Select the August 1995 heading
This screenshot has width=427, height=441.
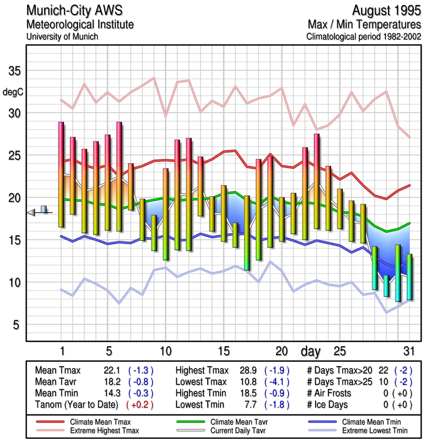385,11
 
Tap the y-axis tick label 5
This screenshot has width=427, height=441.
17,325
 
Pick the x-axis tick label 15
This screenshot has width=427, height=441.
223,351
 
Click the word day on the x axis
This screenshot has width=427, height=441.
311,351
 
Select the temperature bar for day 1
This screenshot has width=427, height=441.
61,174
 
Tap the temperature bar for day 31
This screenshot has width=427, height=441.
409,277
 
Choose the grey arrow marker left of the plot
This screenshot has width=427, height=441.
31,212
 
